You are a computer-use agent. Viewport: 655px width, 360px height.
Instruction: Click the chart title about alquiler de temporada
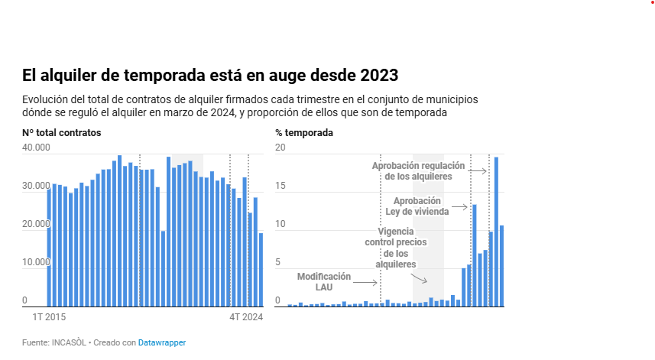(210, 76)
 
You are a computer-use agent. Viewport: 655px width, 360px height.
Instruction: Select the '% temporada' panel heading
(304, 133)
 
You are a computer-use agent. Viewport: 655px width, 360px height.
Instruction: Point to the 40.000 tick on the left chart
(36, 148)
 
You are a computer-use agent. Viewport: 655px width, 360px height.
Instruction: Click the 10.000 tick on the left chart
(36, 262)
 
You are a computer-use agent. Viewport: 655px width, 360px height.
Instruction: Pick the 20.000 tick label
(36, 224)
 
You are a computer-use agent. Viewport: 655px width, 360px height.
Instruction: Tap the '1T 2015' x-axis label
(48, 316)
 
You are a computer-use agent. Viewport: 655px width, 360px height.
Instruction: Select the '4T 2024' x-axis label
(246, 316)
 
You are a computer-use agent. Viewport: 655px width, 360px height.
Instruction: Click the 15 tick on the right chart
(280, 186)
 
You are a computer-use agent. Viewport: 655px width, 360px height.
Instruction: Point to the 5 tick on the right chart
(278, 262)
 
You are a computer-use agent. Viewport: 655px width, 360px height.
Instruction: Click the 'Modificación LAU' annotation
(324, 281)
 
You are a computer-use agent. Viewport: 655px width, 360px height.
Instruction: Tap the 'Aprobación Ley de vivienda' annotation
(417, 206)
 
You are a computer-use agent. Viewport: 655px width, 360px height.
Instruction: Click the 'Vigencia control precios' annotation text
(396, 248)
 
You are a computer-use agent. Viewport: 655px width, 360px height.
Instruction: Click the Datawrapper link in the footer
(162, 342)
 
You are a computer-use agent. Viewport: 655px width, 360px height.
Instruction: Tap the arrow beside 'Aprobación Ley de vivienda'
(459, 206)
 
